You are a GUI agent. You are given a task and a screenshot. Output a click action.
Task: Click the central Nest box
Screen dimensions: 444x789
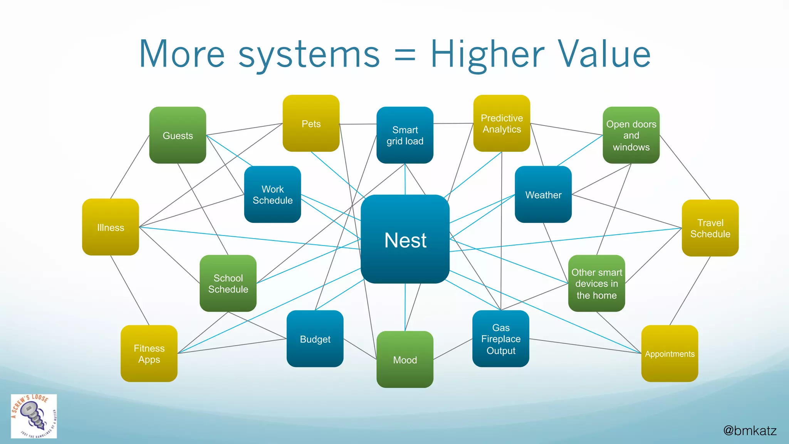(x=405, y=239)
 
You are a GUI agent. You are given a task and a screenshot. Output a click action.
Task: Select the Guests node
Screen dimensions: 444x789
(x=178, y=135)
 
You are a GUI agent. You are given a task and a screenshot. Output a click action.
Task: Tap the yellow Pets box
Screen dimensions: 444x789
(x=311, y=123)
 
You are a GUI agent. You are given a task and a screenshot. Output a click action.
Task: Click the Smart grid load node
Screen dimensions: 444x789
(x=405, y=135)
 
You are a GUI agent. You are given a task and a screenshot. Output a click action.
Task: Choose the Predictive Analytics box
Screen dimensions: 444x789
(x=502, y=123)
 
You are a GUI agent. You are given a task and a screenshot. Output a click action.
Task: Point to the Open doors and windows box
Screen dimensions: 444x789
(x=631, y=135)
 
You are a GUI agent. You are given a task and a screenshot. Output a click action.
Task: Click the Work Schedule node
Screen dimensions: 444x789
(x=272, y=195)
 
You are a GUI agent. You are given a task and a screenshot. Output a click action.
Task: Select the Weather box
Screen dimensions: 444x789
(x=543, y=195)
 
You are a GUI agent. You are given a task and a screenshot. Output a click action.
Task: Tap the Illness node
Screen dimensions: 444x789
(x=111, y=227)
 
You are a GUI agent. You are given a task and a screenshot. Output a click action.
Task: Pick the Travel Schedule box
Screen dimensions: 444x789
(x=710, y=228)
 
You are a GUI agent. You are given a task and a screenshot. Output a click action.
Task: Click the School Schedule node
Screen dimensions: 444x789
(x=228, y=283)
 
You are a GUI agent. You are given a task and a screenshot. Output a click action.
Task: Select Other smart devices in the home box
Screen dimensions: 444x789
(x=596, y=283)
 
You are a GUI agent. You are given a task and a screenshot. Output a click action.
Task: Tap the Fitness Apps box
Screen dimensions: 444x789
(x=149, y=353)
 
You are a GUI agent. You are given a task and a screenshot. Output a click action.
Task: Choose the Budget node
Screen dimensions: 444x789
(x=315, y=339)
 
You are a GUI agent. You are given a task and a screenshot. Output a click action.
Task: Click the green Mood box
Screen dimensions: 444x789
(x=405, y=359)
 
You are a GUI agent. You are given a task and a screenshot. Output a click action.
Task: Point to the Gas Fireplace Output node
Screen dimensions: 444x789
(x=501, y=339)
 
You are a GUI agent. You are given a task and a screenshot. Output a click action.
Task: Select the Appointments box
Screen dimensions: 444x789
(x=670, y=353)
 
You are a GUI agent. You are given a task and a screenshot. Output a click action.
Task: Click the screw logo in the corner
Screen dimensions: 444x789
(x=34, y=416)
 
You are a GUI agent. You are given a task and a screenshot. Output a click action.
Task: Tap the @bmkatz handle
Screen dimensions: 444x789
(x=750, y=430)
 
